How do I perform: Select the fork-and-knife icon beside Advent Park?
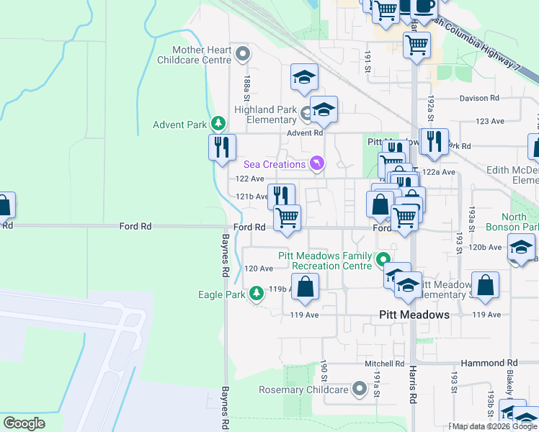(222, 147)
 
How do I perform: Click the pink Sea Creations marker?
(316, 164)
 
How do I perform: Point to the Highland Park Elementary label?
(265, 114)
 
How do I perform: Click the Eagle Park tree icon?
(257, 294)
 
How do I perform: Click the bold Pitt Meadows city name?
(414, 315)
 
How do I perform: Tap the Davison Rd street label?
(479, 98)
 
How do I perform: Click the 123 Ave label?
(490, 122)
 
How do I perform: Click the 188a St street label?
(246, 88)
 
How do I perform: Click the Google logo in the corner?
(24, 423)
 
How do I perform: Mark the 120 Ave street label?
(259, 269)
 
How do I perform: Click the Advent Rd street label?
(305, 133)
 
